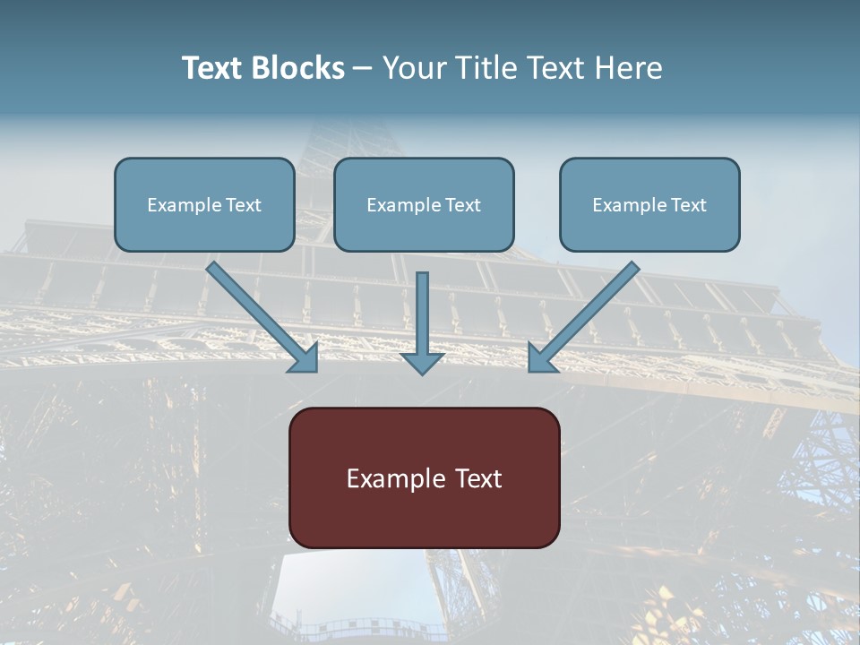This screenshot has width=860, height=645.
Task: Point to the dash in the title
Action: click(364, 69)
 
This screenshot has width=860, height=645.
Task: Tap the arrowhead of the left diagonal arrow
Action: click(305, 359)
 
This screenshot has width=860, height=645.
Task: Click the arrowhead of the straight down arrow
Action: click(422, 363)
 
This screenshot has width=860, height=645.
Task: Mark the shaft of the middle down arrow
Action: click(422, 309)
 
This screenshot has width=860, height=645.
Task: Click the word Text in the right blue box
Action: click(689, 205)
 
